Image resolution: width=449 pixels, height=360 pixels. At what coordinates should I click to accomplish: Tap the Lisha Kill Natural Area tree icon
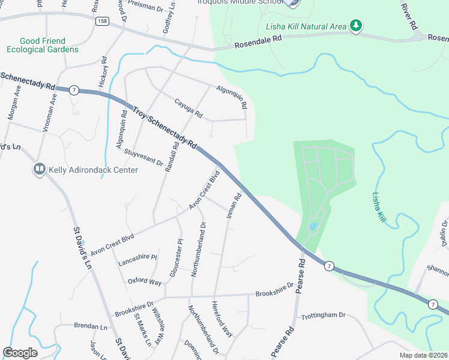click(357, 26)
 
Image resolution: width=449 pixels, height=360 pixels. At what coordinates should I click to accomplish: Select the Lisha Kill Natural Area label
click(306, 26)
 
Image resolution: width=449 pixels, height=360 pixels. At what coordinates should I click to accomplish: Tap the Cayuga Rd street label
click(188, 108)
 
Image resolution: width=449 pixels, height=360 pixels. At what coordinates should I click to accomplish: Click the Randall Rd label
click(172, 157)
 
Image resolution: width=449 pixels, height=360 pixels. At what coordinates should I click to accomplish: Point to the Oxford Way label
click(145, 281)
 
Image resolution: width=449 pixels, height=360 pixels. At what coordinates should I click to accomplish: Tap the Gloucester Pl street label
click(176, 258)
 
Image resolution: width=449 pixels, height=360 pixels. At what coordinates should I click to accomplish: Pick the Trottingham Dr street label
click(324, 315)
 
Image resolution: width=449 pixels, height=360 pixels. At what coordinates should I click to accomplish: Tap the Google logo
click(20, 352)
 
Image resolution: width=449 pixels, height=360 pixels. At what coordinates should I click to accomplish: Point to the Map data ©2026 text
click(423, 355)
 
